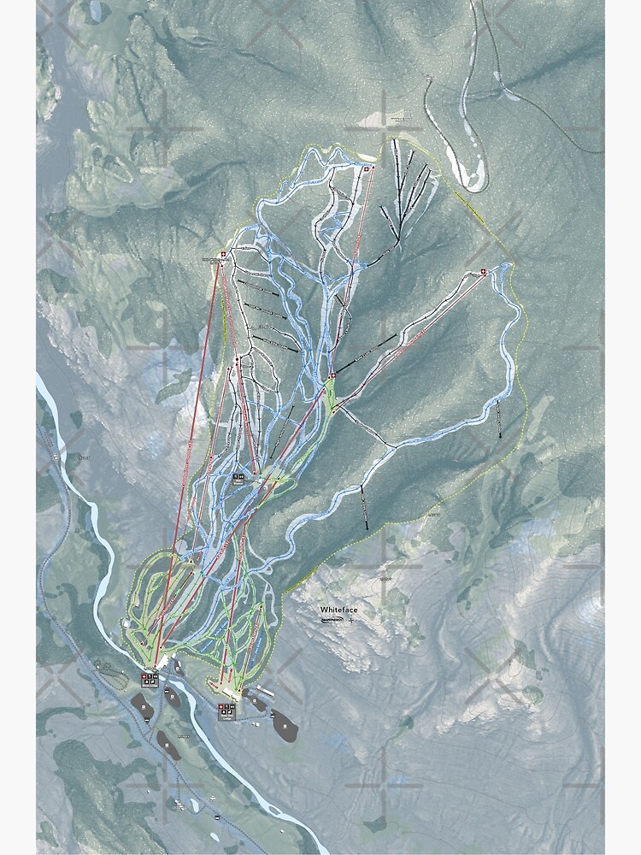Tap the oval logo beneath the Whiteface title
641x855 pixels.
(332, 620)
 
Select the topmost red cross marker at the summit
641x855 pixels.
(368, 170)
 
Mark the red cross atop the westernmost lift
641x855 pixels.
(223, 254)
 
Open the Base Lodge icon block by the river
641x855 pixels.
(150, 680)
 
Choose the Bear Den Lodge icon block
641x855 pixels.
(227, 709)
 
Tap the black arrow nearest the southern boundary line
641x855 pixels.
(365, 509)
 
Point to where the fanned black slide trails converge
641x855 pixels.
(398, 243)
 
